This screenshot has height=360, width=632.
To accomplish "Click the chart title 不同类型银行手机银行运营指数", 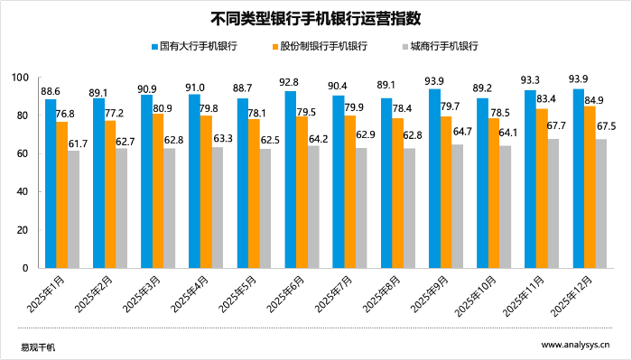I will [x=316, y=17].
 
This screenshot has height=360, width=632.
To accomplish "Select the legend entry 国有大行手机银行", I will [x=199, y=45].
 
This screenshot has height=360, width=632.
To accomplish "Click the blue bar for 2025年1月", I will [x=51, y=184].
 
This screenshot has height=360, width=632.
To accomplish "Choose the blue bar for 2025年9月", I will [x=434, y=179].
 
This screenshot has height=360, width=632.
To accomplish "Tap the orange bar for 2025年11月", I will [x=541, y=189].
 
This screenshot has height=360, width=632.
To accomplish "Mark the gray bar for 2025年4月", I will [x=217, y=208].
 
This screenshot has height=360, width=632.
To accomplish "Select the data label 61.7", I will [x=78, y=143].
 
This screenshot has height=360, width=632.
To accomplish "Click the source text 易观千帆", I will [x=38, y=346].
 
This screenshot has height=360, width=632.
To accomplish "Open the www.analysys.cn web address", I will [x=575, y=346].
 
